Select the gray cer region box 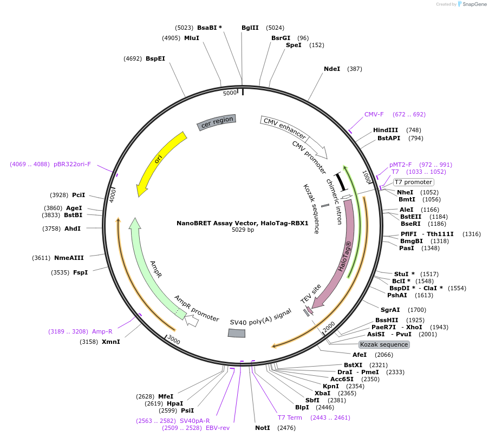click(217, 122)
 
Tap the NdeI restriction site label click(332, 69)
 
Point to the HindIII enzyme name click(386, 130)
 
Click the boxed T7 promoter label click(414, 182)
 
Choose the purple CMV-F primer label click(374, 114)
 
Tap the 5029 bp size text click(243, 230)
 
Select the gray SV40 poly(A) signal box click(237, 333)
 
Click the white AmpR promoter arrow click(192, 321)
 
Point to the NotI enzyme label click(263, 428)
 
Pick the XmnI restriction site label click(110, 342)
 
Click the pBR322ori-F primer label click(72, 165)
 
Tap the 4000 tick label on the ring click(112, 196)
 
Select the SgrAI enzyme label click(390, 310)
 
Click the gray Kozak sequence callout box click(384, 344)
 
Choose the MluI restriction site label click(192, 38)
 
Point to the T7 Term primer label click(290, 418)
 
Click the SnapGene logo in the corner click(472, 4)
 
